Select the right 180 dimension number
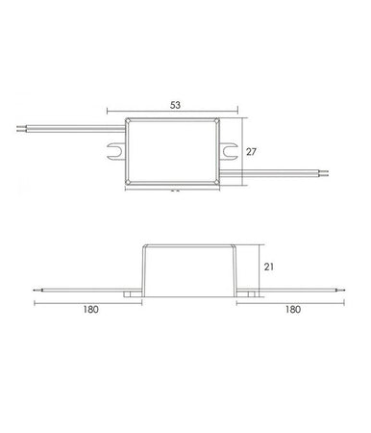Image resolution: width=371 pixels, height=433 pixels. [293, 310]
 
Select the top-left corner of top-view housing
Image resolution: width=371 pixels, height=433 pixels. [128, 119]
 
